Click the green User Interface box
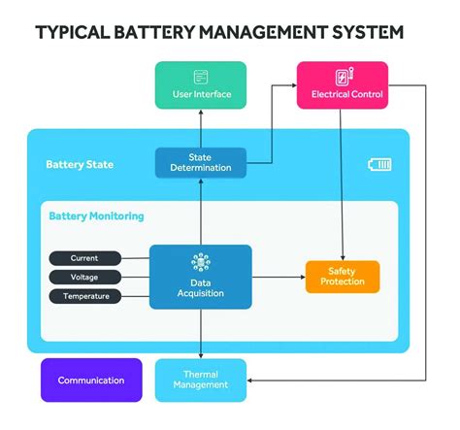coord(201,84)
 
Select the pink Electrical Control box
coord(342,84)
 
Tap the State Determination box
coord(201,162)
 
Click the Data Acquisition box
coord(201,277)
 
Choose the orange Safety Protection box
coord(342,277)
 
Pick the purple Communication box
coord(91,380)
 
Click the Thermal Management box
coord(201,380)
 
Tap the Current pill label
coord(85,258)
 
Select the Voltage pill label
coord(85,277)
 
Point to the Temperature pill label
coord(85,296)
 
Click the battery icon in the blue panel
coord(379,164)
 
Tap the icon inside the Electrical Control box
coord(343,77)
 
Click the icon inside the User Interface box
coord(201,77)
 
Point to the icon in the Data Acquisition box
coord(201,262)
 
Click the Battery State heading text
coord(80,164)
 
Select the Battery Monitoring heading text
coord(96,215)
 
